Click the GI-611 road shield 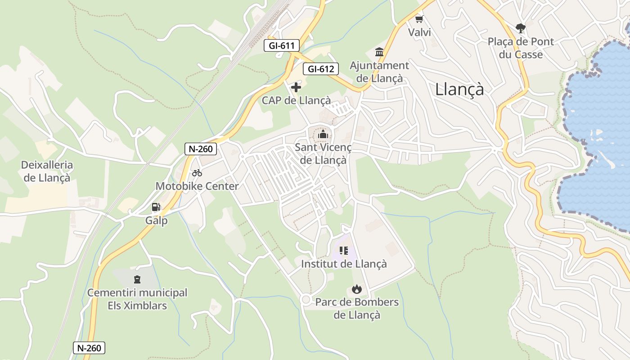(x=282, y=45)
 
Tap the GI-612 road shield (x=320, y=69)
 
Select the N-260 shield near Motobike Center (x=201, y=149)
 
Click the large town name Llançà (x=459, y=89)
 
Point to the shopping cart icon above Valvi (x=419, y=19)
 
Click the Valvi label (x=419, y=32)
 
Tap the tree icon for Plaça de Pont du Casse (x=521, y=28)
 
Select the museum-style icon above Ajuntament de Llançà (x=379, y=52)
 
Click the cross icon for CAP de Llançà (x=296, y=87)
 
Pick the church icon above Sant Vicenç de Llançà (x=323, y=134)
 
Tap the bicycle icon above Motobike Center (x=197, y=173)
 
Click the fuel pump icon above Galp (x=156, y=207)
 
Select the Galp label (x=156, y=220)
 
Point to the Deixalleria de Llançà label (x=47, y=171)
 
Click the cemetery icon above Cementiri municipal (x=137, y=279)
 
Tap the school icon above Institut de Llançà (x=344, y=250)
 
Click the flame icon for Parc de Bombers (x=357, y=288)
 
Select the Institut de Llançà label (x=344, y=264)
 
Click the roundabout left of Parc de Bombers (x=306, y=299)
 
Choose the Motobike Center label (x=197, y=186)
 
